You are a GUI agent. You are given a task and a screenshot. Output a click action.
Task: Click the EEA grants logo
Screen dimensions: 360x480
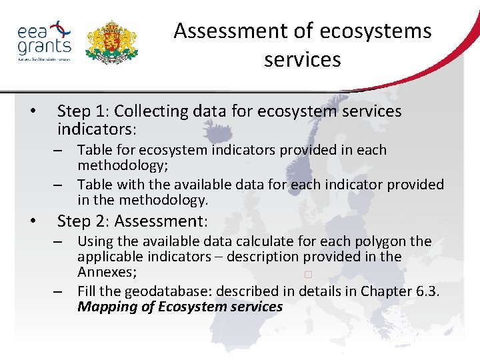point(44,41)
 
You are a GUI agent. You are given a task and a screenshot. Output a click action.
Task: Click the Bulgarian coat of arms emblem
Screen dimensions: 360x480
point(112,41)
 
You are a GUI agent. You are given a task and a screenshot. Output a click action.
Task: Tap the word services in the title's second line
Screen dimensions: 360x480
point(302,59)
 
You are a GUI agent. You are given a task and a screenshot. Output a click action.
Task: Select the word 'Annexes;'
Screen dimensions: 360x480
point(104,272)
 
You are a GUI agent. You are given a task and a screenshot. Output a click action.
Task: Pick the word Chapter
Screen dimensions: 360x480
point(385,291)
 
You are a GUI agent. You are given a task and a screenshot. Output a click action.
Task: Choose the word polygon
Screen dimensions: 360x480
point(377,241)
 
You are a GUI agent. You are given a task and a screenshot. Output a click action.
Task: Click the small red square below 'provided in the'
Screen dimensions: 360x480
point(307,274)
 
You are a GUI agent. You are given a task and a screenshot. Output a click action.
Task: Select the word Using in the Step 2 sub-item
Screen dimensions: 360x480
point(93,241)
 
